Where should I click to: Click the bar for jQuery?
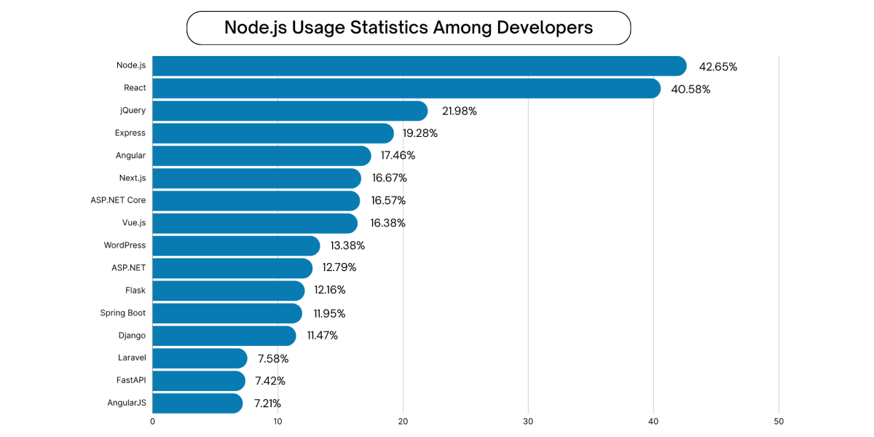290,111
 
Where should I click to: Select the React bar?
406,88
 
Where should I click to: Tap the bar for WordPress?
236,245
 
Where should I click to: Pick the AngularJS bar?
197,403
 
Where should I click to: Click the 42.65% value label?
717,67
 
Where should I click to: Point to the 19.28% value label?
420,133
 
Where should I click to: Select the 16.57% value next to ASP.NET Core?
388,200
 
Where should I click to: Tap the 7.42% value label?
270,381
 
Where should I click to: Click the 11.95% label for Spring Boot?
329,313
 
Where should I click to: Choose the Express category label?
130,133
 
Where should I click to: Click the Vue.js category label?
134,222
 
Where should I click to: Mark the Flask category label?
135,290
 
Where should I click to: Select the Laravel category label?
132,358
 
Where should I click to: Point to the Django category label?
132,335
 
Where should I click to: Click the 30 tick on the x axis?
528,422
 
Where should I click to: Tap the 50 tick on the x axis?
779,422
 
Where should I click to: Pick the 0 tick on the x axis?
152,422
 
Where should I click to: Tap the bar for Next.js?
256,178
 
